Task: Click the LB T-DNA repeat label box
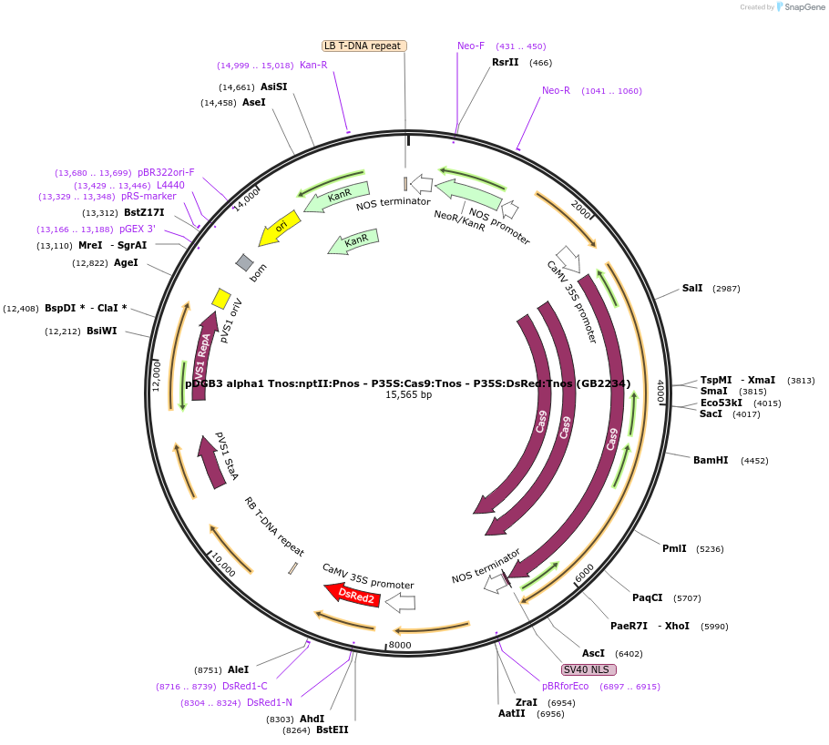point(364,46)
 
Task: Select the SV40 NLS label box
point(589,669)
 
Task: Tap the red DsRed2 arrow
point(355,595)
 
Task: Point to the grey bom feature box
point(245,262)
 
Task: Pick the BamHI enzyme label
point(711,460)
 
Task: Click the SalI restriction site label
point(692,288)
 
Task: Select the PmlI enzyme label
point(674,548)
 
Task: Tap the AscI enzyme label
point(593,653)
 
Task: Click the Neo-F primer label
point(471,46)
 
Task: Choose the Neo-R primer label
point(556,90)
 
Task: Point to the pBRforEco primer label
point(565,686)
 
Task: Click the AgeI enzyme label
point(126,262)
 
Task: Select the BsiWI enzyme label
point(101,331)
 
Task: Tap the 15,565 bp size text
point(408,395)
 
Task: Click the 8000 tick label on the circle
point(400,645)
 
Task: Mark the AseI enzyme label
point(253,102)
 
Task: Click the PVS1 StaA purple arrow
point(213,461)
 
